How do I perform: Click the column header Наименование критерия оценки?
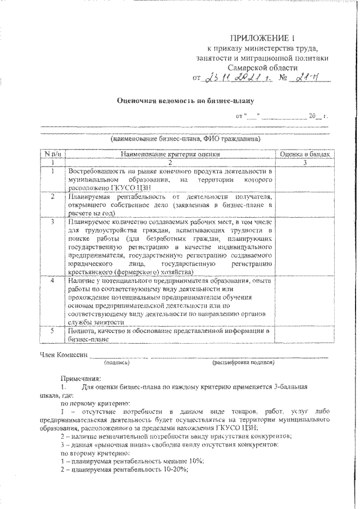(168, 154)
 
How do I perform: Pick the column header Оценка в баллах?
(304, 154)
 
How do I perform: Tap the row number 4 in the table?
(51, 280)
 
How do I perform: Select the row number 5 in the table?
(51, 331)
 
